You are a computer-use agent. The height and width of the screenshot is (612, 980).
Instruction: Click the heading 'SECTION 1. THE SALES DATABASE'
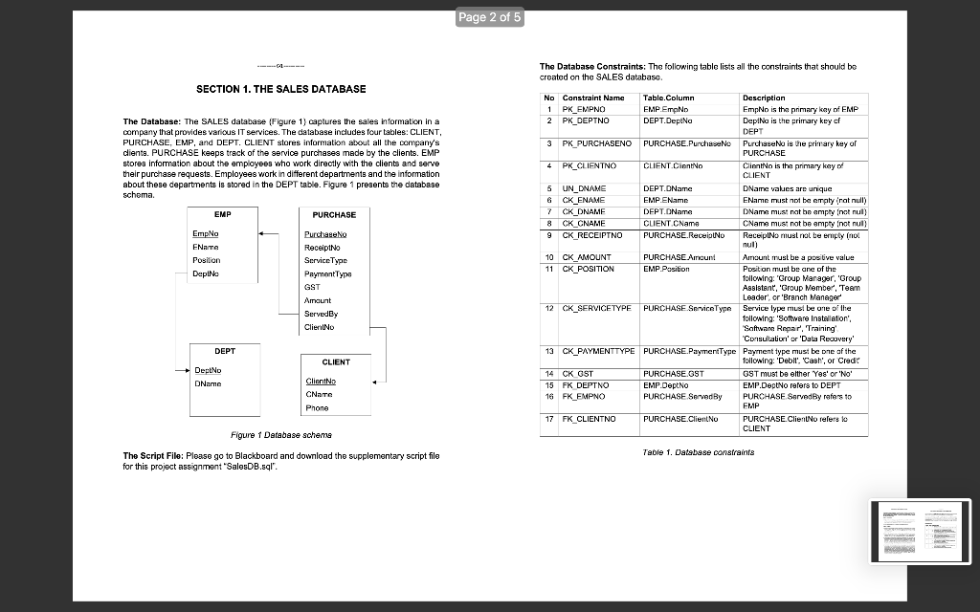click(280, 89)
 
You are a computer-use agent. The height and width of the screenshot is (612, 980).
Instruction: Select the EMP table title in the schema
click(222, 215)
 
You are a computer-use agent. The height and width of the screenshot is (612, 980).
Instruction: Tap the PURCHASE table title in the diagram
click(334, 215)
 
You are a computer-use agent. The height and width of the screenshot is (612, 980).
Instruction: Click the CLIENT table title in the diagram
click(335, 362)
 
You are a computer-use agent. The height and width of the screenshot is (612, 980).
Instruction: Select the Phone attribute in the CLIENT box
click(317, 407)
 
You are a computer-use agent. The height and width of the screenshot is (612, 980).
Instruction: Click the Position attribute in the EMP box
click(207, 259)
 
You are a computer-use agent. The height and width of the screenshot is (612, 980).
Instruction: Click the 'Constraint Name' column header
click(593, 98)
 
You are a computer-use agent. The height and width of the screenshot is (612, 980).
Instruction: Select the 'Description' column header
click(764, 98)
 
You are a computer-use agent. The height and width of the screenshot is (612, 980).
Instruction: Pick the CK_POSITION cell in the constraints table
click(589, 269)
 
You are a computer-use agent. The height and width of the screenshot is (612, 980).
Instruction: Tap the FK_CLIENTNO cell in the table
click(589, 419)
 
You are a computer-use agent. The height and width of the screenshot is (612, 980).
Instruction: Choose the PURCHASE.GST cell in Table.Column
click(674, 374)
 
